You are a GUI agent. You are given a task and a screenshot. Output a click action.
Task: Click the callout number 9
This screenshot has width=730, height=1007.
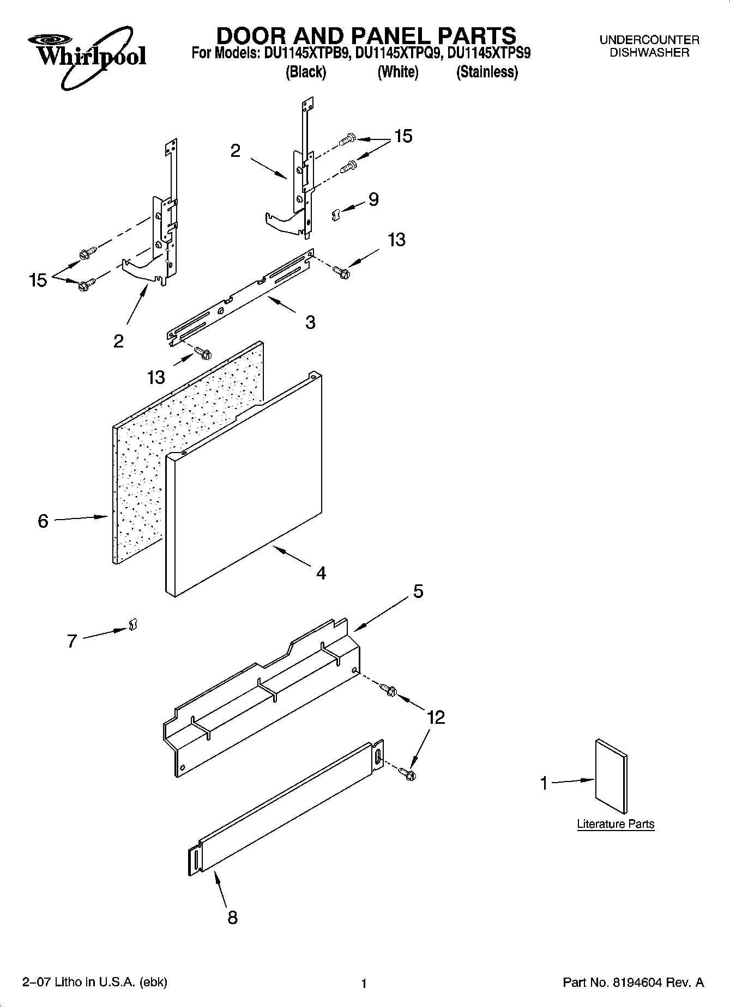click(x=373, y=199)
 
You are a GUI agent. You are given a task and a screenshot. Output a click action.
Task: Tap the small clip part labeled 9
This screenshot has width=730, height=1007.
click(x=336, y=215)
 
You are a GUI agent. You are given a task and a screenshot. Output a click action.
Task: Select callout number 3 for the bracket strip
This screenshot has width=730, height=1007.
click(x=310, y=322)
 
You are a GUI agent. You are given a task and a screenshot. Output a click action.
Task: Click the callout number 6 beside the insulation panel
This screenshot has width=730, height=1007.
click(x=43, y=521)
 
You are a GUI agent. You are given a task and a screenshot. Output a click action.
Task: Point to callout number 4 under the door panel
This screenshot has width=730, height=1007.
click(x=321, y=573)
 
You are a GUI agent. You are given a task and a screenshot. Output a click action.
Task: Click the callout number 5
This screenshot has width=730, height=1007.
click(x=418, y=591)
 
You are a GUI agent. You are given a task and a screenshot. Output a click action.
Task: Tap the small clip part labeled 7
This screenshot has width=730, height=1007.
click(x=132, y=625)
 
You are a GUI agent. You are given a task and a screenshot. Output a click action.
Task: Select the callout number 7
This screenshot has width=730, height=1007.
click(x=72, y=642)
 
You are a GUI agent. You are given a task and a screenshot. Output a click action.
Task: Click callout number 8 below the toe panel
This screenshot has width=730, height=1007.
click(x=232, y=918)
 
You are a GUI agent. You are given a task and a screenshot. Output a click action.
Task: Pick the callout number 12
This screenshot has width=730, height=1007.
click(x=436, y=717)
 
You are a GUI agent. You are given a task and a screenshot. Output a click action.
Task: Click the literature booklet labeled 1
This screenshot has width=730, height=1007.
click(x=611, y=776)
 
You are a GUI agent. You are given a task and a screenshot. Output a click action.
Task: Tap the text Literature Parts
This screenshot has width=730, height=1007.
click(x=616, y=824)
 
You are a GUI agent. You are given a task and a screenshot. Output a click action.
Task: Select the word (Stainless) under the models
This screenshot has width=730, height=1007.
click(x=487, y=72)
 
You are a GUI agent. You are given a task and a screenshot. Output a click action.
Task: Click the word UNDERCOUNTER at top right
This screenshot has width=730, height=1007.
click(x=649, y=40)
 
